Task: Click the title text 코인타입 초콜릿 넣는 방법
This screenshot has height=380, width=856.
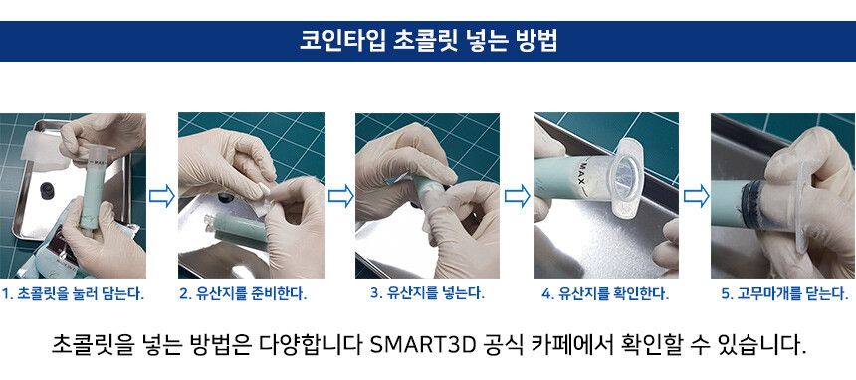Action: click(428, 41)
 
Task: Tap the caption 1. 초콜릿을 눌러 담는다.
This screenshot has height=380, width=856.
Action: click(73, 294)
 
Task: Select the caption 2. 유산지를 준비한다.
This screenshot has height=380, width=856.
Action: click(243, 294)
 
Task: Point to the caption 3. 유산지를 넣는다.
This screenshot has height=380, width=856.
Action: click(427, 293)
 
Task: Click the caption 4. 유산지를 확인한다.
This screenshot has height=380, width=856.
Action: click(605, 294)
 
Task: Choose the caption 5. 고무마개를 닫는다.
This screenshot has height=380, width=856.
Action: click(785, 294)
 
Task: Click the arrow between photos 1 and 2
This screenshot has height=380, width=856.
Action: click(162, 195)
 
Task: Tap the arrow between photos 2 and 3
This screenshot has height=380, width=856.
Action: click(340, 195)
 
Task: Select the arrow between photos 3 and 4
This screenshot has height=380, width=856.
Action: click(517, 195)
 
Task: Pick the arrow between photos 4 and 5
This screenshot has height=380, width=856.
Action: click(696, 195)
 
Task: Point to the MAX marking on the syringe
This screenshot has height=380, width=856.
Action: click(590, 175)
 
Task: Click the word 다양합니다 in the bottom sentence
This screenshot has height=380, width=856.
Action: click(311, 345)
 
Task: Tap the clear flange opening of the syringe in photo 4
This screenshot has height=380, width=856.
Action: click(625, 178)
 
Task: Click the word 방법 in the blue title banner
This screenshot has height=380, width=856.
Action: click(536, 41)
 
